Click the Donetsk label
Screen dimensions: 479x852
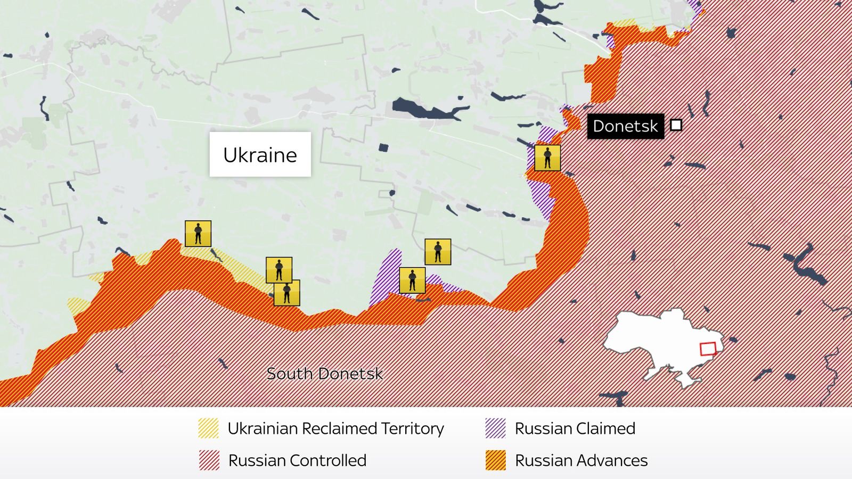(x=625, y=126)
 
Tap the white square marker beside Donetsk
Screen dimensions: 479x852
(x=676, y=125)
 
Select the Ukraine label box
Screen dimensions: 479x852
(x=260, y=154)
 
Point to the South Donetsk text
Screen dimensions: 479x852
(x=324, y=374)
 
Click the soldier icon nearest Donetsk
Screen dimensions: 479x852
(x=547, y=158)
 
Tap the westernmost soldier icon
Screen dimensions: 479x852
(x=198, y=234)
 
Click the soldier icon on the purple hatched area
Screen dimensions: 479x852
(x=412, y=280)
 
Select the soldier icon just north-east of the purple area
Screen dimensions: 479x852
(x=438, y=252)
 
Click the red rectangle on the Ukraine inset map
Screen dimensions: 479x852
(x=708, y=349)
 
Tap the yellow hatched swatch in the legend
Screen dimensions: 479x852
(x=208, y=428)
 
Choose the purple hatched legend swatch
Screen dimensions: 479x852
(x=495, y=428)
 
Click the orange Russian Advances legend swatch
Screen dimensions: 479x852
(x=495, y=460)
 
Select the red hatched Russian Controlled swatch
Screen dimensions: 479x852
(x=209, y=460)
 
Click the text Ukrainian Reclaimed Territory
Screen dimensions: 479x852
(x=335, y=428)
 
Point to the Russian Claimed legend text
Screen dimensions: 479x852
(x=575, y=428)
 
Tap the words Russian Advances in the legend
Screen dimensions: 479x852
(x=581, y=460)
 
